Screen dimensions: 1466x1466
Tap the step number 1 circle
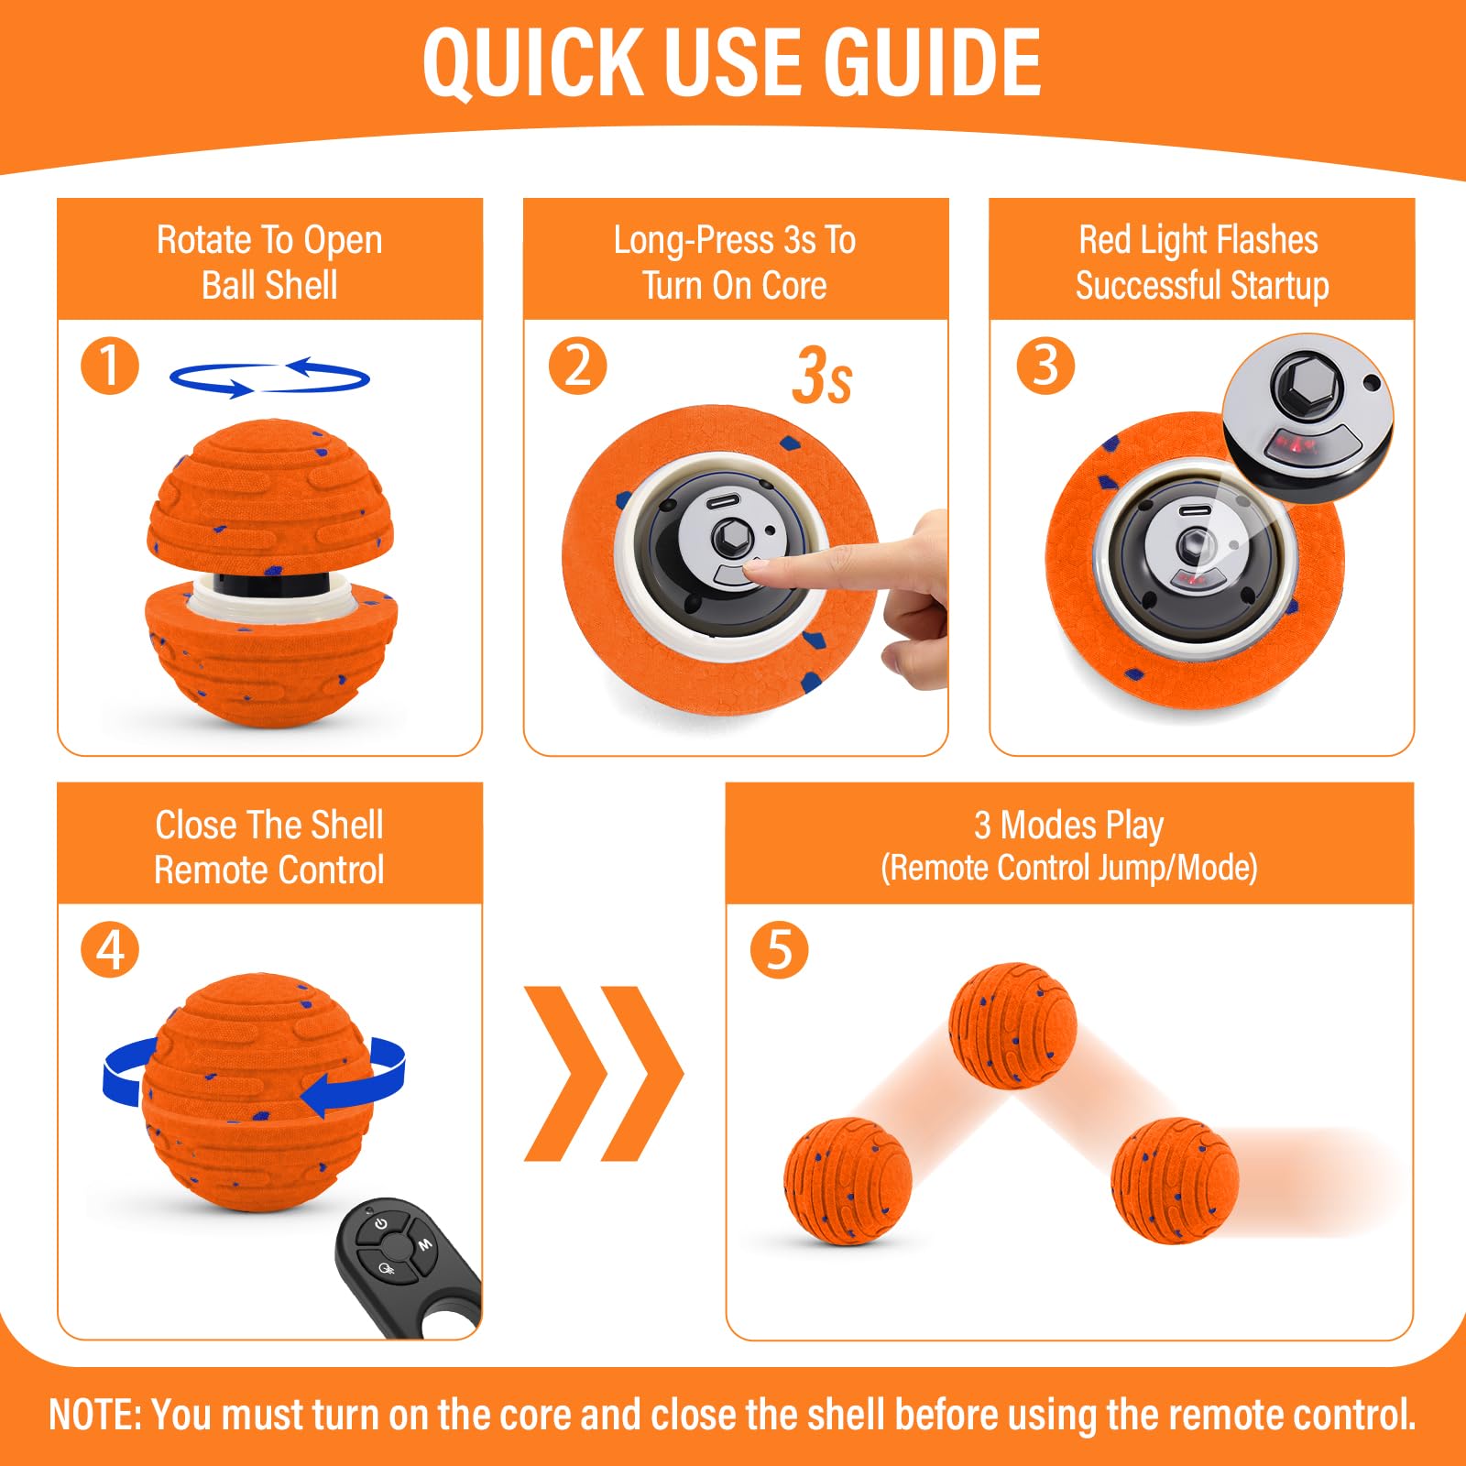pyautogui.click(x=110, y=366)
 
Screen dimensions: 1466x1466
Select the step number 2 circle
pyautogui.click(x=577, y=366)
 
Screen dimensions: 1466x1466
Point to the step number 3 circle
pyautogui.click(x=1045, y=366)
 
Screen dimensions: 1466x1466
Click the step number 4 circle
pyautogui.click(x=110, y=950)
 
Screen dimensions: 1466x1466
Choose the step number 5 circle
pyautogui.click(x=779, y=950)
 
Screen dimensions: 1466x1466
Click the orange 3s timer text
pyautogui.click(x=822, y=376)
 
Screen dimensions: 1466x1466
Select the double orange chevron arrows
pyautogui.click(x=604, y=1073)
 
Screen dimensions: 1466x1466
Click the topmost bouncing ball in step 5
pyautogui.click(x=1012, y=1025)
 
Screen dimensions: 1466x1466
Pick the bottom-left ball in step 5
pyautogui.click(x=848, y=1181)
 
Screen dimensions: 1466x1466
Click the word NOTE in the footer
pyautogui.click(x=94, y=1414)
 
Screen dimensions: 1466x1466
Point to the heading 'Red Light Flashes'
pyautogui.click(x=1198, y=240)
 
